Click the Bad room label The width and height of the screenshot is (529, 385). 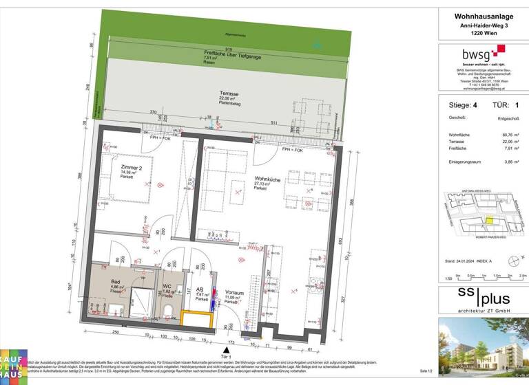117,282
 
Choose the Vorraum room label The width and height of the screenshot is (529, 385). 234,294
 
